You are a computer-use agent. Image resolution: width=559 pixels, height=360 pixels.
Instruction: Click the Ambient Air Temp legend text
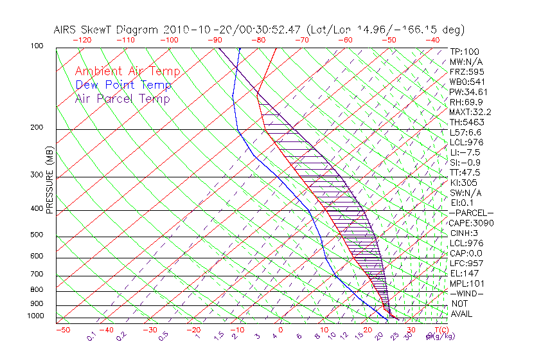click(x=127, y=71)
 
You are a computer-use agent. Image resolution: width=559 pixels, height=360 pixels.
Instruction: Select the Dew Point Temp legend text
click(x=123, y=85)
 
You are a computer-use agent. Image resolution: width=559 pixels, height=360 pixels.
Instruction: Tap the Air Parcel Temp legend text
click(x=123, y=98)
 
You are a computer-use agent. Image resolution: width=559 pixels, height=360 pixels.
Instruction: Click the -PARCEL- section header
click(x=472, y=213)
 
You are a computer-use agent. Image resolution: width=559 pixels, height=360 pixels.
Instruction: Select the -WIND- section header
click(x=467, y=293)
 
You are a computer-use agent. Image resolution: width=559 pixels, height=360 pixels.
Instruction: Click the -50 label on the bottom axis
click(x=62, y=330)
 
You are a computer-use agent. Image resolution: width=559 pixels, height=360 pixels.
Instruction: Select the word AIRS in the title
click(x=67, y=30)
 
